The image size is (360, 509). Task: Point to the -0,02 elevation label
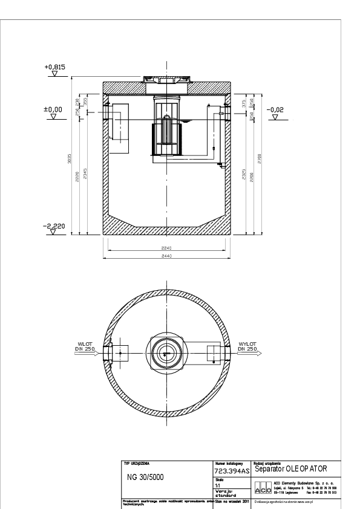pos(275,109)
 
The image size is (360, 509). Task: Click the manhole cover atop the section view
pos(166,78)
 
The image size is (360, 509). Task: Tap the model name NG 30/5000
pos(143,476)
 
